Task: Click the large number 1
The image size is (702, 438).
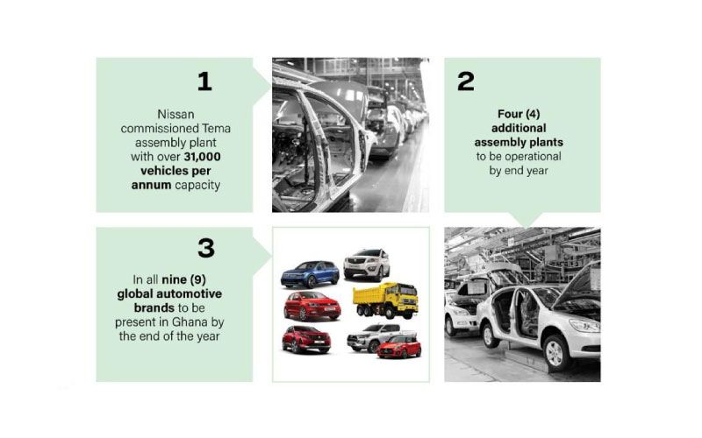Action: click(204, 81)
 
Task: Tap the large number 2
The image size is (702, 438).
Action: click(466, 81)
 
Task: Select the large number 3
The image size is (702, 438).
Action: click(206, 248)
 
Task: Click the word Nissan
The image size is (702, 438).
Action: click(175, 115)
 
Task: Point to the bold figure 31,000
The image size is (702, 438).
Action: click(202, 157)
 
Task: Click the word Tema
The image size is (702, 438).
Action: click(216, 129)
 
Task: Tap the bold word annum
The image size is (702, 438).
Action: click(151, 185)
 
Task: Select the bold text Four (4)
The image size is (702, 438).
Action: click(519, 115)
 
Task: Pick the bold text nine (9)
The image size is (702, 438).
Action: click(183, 279)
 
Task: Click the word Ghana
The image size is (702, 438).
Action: click(190, 322)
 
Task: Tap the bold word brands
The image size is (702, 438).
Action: click(154, 308)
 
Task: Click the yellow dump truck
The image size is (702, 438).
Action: click(385, 300)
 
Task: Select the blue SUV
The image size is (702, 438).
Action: click(310, 274)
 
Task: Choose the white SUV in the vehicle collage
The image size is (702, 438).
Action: click(367, 265)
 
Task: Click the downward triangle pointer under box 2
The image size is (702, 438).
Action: click(526, 220)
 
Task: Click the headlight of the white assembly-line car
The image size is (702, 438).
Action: click(584, 325)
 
